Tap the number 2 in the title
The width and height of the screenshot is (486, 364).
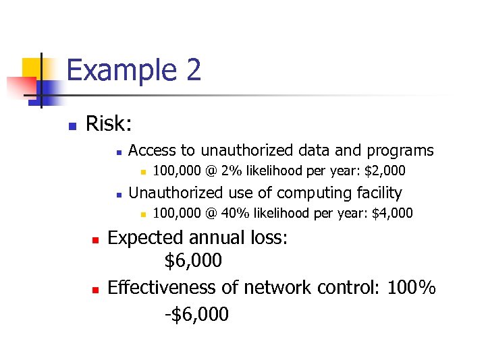(192, 70)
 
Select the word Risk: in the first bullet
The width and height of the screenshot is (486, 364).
(109, 123)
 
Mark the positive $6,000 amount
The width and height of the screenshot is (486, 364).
(193, 261)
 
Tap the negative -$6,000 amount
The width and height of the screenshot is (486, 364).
(196, 313)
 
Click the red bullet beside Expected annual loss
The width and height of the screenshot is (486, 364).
(95, 240)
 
